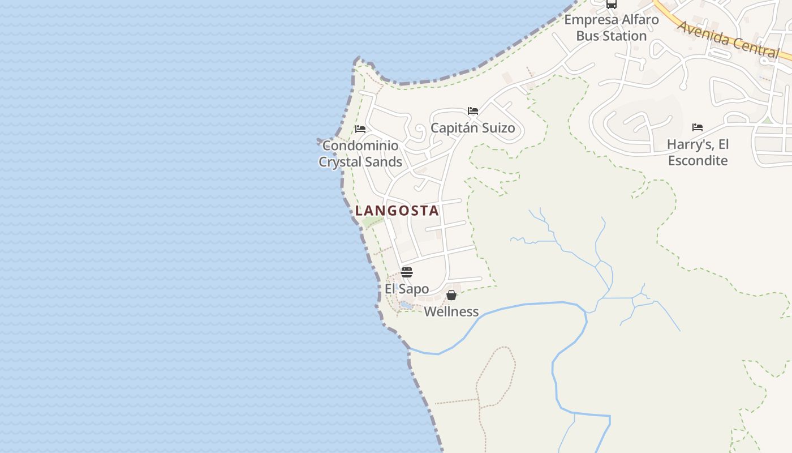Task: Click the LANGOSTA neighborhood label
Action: coord(397,211)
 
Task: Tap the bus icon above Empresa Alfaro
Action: coord(612,4)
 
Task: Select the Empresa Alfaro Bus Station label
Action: coord(611,28)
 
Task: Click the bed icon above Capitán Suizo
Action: coord(473,110)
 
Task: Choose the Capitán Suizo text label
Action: coord(473,128)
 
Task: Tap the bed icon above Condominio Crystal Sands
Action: coord(360,129)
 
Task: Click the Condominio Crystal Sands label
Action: coord(360,153)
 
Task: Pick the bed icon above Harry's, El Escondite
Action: coord(698,127)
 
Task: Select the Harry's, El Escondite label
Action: coord(698,152)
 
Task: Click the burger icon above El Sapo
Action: coord(407,272)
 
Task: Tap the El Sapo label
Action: coord(407,289)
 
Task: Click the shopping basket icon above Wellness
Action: coord(451,295)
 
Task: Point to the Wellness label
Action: coord(451,311)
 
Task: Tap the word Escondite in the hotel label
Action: coord(698,160)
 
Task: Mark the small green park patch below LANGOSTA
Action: coord(372,221)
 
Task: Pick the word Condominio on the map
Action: coord(360,146)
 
